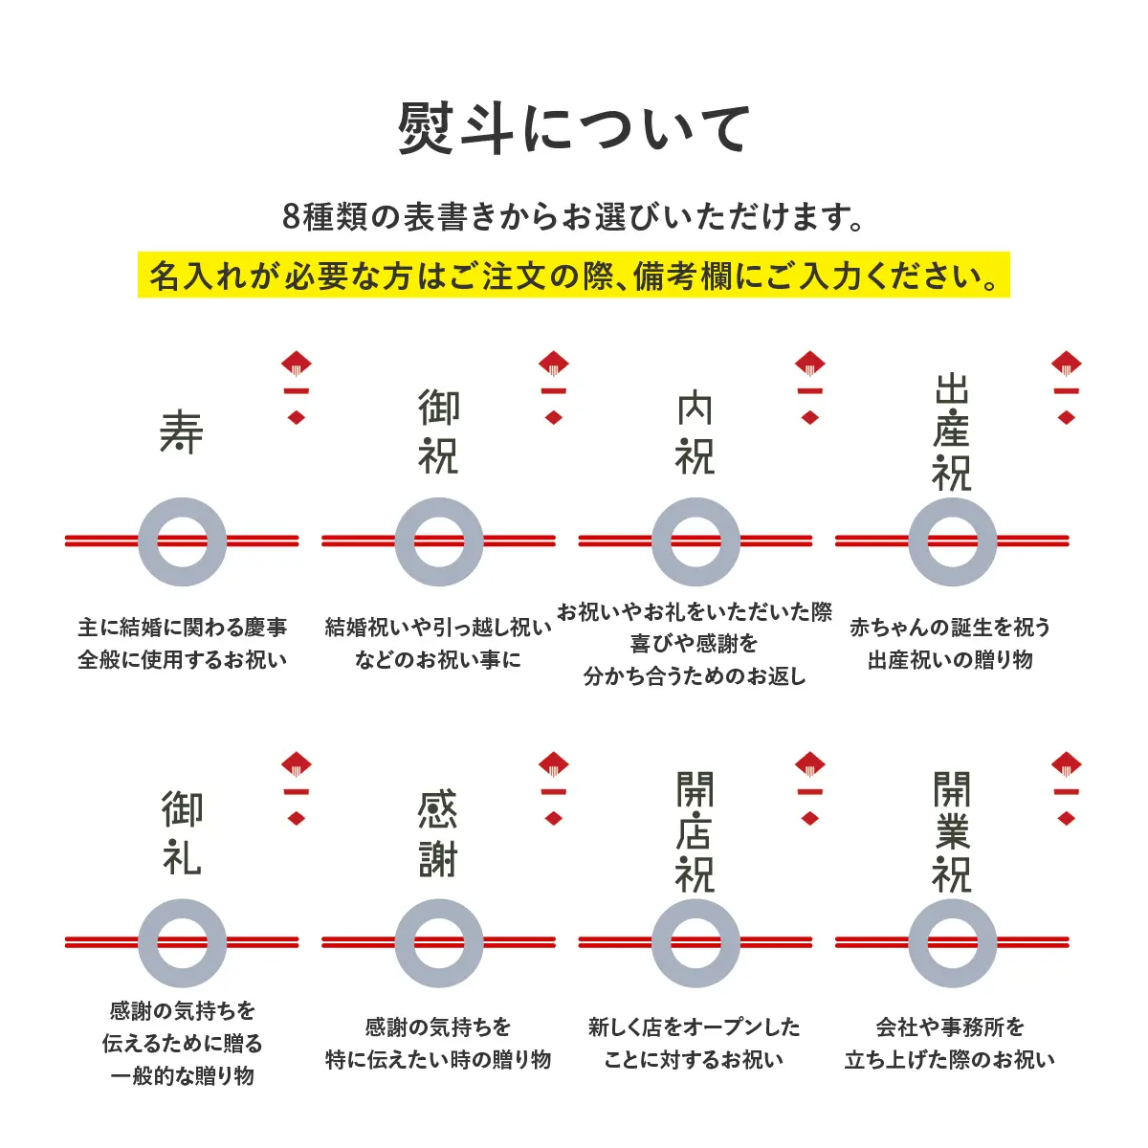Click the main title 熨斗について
[574, 129]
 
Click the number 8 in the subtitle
[292, 217]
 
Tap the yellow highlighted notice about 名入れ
[574, 276]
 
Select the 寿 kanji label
[182, 432]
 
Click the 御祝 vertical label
[438, 432]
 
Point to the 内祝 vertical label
[695, 432]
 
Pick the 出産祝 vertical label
[952, 432]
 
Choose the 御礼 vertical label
[182, 833]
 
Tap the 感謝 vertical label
[438, 833]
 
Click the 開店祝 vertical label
[695, 833]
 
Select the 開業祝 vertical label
[952, 833]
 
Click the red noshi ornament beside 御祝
[554, 387]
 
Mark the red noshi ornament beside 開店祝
[810, 788]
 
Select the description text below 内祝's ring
[695, 644]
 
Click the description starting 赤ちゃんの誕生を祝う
[951, 643]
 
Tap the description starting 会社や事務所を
[951, 1043]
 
